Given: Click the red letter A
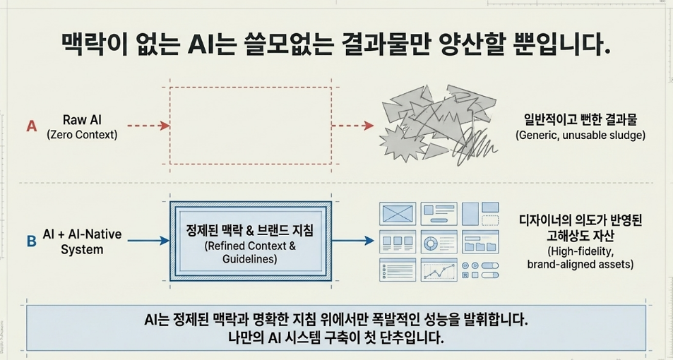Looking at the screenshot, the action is (x=31, y=126).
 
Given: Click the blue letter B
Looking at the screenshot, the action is (x=31, y=241).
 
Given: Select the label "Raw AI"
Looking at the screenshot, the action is (x=82, y=120).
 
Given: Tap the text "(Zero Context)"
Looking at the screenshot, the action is (x=82, y=134).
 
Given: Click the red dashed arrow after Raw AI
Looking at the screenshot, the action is (x=149, y=126).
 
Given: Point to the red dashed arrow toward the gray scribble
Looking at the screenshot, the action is (x=352, y=126).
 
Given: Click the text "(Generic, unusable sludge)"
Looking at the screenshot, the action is (x=580, y=135).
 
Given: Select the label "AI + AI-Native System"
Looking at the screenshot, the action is (x=82, y=242).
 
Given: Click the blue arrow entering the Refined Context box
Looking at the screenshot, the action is (x=149, y=241).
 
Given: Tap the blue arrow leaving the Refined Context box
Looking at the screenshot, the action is (x=353, y=241).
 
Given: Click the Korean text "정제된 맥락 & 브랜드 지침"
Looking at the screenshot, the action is (x=250, y=231).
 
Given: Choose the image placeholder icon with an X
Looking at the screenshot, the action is (x=398, y=214).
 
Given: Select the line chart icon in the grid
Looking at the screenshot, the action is (x=439, y=270).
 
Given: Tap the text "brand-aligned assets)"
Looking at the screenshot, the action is (x=580, y=264).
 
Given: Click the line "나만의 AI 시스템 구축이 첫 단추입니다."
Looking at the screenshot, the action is (x=336, y=338).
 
